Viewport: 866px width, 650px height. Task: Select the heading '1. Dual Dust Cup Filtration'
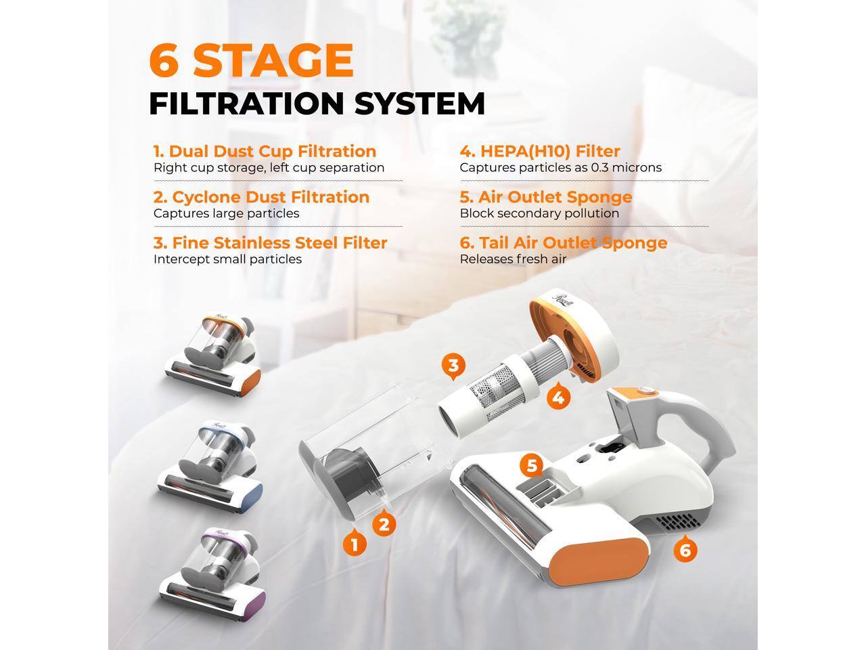click(265, 152)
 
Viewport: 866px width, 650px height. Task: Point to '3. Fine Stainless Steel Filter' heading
click(270, 243)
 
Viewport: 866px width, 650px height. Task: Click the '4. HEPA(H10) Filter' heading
click(539, 152)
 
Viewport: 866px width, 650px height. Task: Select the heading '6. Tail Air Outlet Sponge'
click(563, 243)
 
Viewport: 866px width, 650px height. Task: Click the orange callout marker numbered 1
click(355, 543)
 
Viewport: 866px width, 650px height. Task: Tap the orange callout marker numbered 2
click(384, 524)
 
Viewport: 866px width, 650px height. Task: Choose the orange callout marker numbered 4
click(557, 397)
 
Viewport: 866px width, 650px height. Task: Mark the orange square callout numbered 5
click(532, 466)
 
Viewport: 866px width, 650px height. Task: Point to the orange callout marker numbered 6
click(685, 550)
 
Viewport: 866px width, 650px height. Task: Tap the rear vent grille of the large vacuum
click(679, 523)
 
